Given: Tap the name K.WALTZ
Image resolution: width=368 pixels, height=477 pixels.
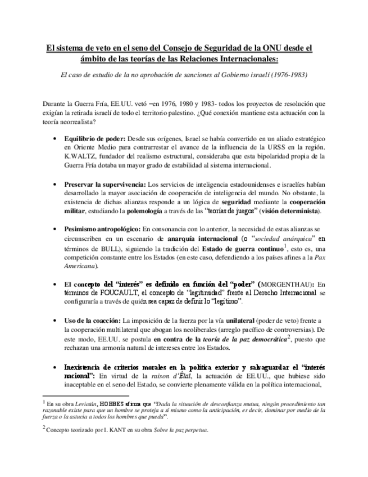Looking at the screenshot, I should click(x=78, y=156).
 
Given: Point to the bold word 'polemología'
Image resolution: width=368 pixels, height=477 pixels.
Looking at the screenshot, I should click(x=164, y=211).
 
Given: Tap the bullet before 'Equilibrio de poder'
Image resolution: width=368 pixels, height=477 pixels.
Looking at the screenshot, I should click(x=53, y=138).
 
